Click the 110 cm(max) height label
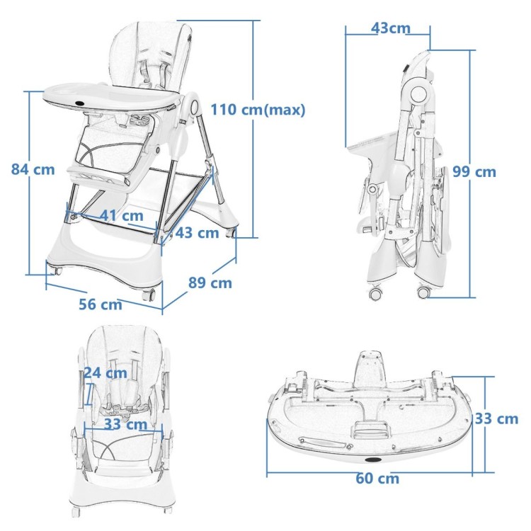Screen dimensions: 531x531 click(x=258, y=110)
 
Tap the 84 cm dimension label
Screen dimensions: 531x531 click(x=33, y=169)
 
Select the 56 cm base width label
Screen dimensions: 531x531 click(x=101, y=304)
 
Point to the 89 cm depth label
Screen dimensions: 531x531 click(x=210, y=282)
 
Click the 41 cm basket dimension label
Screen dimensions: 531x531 click(x=122, y=216)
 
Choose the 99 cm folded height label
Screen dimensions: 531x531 click(x=474, y=172)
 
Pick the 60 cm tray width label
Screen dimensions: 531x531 click(x=377, y=479)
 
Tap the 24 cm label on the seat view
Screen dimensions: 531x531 click(x=105, y=373)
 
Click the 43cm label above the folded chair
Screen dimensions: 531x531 click(x=390, y=28)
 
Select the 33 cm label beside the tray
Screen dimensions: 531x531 click(x=496, y=419)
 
